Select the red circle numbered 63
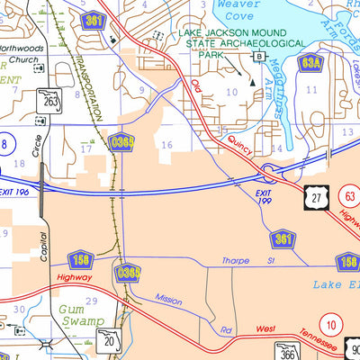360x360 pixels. coord(348,193)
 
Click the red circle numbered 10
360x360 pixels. coord(333,322)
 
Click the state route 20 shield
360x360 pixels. coord(110,338)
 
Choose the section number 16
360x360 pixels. coord(166,144)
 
